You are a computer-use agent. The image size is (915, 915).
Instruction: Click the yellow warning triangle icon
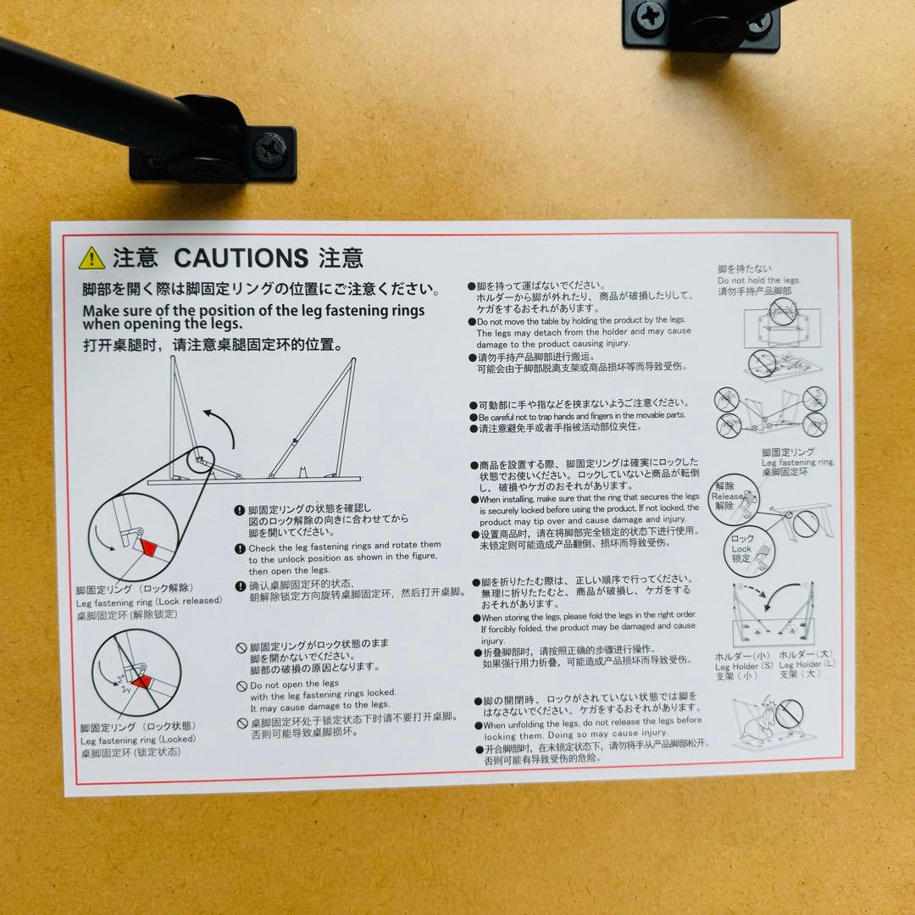click(x=91, y=258)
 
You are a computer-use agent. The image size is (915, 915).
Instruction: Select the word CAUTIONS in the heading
click(x=241, y=258)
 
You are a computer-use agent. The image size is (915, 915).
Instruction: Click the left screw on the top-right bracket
click(x=652, y=15)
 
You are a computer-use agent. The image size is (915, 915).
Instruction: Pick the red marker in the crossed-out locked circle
click(x=141, y=681)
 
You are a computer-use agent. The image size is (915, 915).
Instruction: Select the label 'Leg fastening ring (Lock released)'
click(x=148, y=601)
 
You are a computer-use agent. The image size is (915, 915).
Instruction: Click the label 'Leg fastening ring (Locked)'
click(x=137, y=739)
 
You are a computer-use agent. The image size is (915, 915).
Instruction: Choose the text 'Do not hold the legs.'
click(x=758, y=280)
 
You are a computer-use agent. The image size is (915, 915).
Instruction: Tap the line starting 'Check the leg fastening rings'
click(x=344, y=545)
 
